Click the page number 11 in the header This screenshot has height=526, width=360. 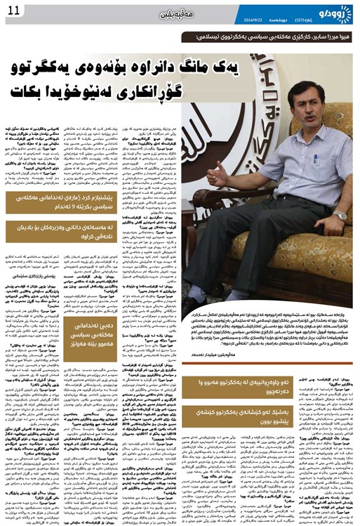pyautogui.click(x=13, y=8)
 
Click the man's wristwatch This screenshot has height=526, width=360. pyautogui.click(x=340, y=216)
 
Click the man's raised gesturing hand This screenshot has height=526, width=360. pyautogui.click(x=220, y=173)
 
